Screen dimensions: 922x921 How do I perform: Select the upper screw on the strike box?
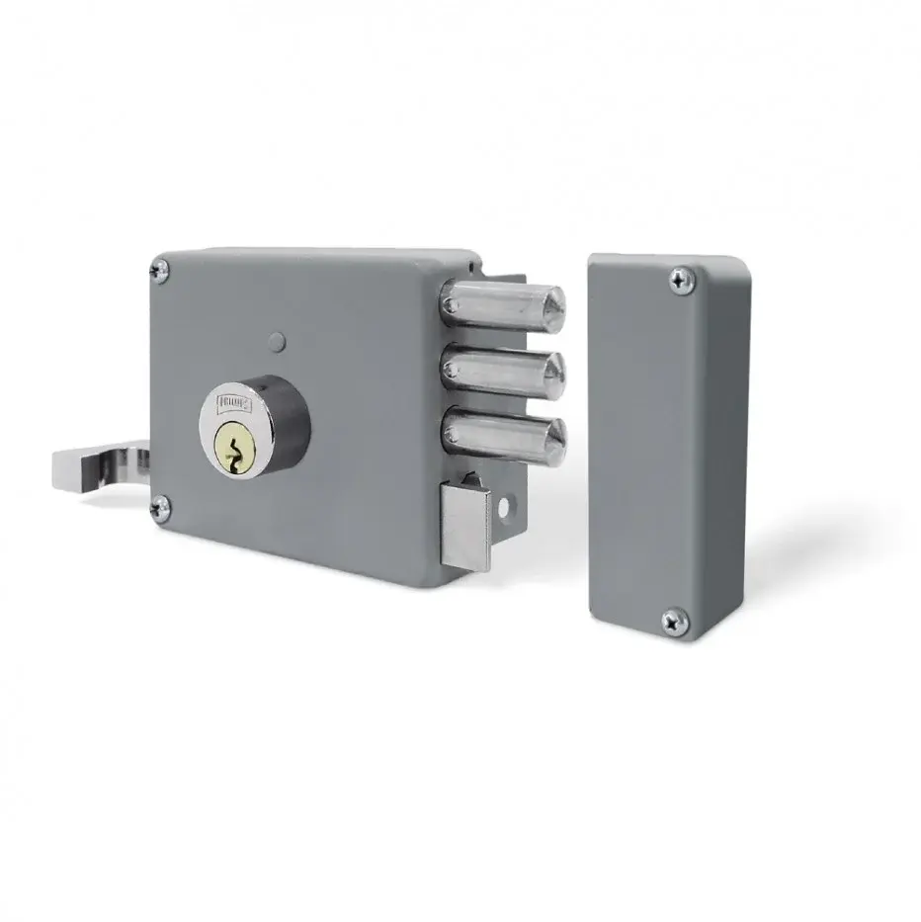(678, 280)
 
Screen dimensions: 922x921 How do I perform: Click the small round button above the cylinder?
(277, 343)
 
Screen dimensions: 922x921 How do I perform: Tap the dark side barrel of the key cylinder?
(290, 420)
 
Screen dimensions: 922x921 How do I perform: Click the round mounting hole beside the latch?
(509, 508)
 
